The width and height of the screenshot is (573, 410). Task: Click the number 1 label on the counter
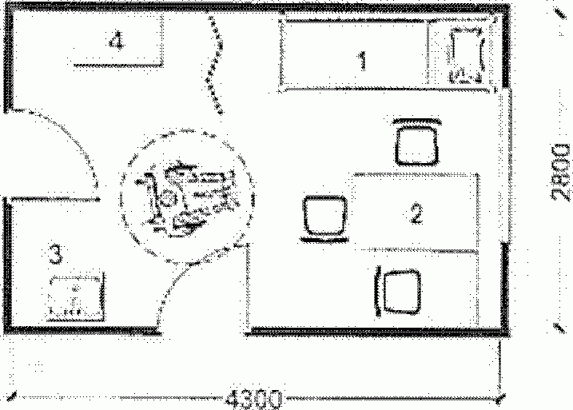tap(363, 60)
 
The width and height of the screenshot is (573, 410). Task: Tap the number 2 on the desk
tap(415, 213)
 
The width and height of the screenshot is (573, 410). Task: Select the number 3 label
tap(55, 254)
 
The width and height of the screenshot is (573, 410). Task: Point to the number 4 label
tap(117, 41)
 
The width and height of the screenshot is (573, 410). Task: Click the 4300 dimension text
tap(254, 397)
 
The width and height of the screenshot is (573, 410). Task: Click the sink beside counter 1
tap(466, 54)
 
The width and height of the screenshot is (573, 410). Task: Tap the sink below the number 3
tap(76, 296)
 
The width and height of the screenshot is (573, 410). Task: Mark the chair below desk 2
tap(400, 291)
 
